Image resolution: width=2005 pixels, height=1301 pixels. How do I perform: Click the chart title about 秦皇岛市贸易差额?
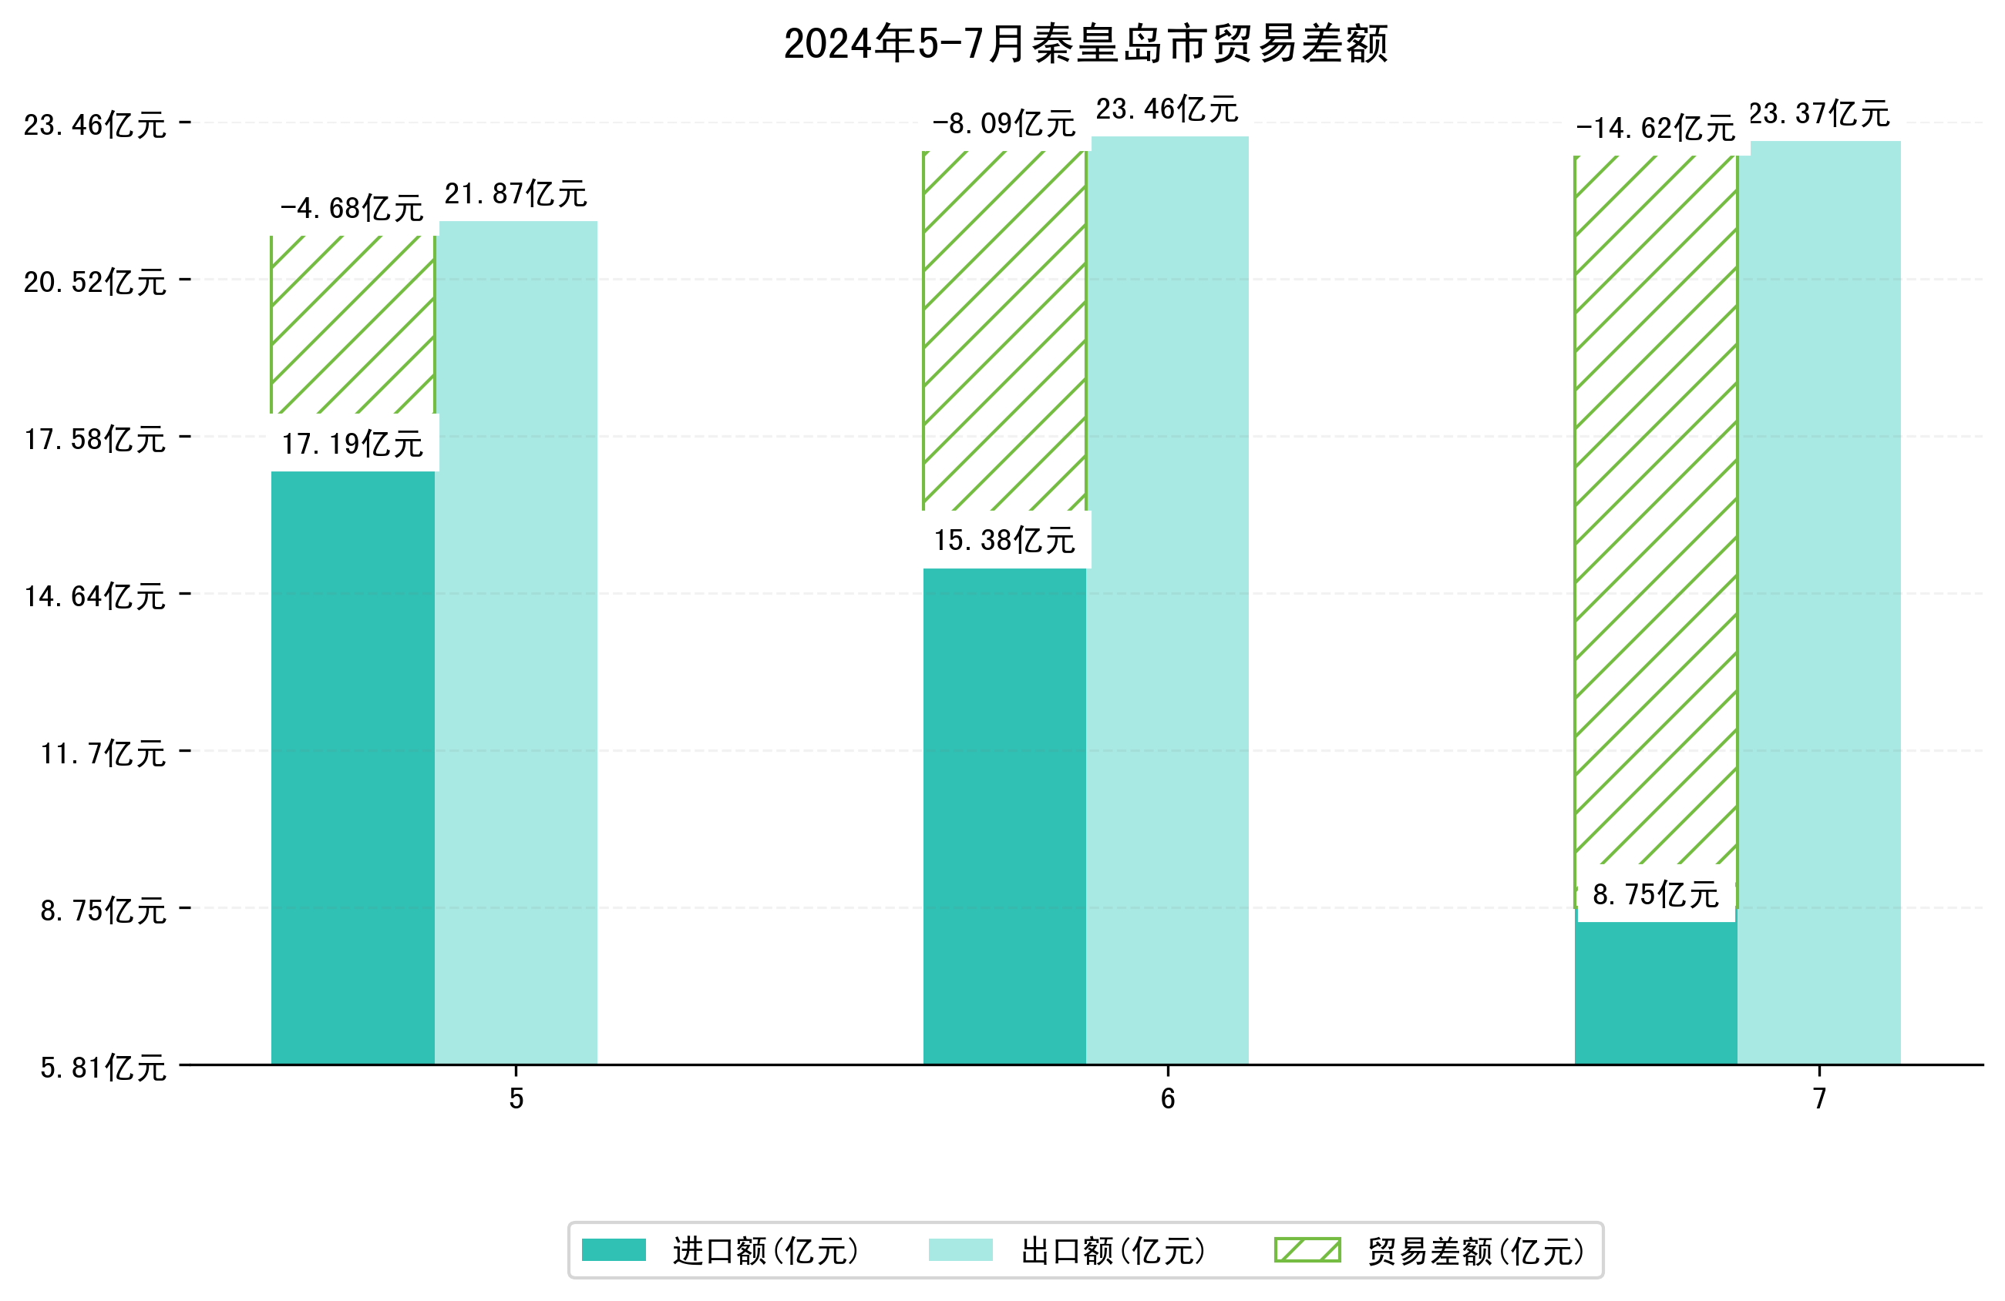[1085, 44]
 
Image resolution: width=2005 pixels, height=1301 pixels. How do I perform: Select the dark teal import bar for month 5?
[352, 766]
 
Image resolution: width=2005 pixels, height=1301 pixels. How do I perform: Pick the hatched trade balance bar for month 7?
[1655, 505]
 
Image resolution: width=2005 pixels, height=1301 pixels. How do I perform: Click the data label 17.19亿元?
[352, 444]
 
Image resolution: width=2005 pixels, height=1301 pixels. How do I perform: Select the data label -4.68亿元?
[352, 208]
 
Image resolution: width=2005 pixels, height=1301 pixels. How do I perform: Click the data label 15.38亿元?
[1004, 540]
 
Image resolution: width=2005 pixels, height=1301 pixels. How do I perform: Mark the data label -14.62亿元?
[1655, 129]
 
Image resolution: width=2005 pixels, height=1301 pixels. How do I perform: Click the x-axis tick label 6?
[1168, 1099]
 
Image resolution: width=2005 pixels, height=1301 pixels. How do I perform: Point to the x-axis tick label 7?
[1820, 1099]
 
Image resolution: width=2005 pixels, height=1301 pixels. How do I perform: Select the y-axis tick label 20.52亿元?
[95, 282]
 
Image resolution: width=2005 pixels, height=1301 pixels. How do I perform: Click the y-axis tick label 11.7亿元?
[103, 753]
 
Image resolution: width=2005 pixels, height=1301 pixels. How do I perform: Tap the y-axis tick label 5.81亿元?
[103, 1068]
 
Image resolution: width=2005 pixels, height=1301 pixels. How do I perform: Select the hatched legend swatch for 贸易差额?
[1307, 1249]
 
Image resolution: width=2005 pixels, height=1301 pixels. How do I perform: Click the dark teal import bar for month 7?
[1655, 994]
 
